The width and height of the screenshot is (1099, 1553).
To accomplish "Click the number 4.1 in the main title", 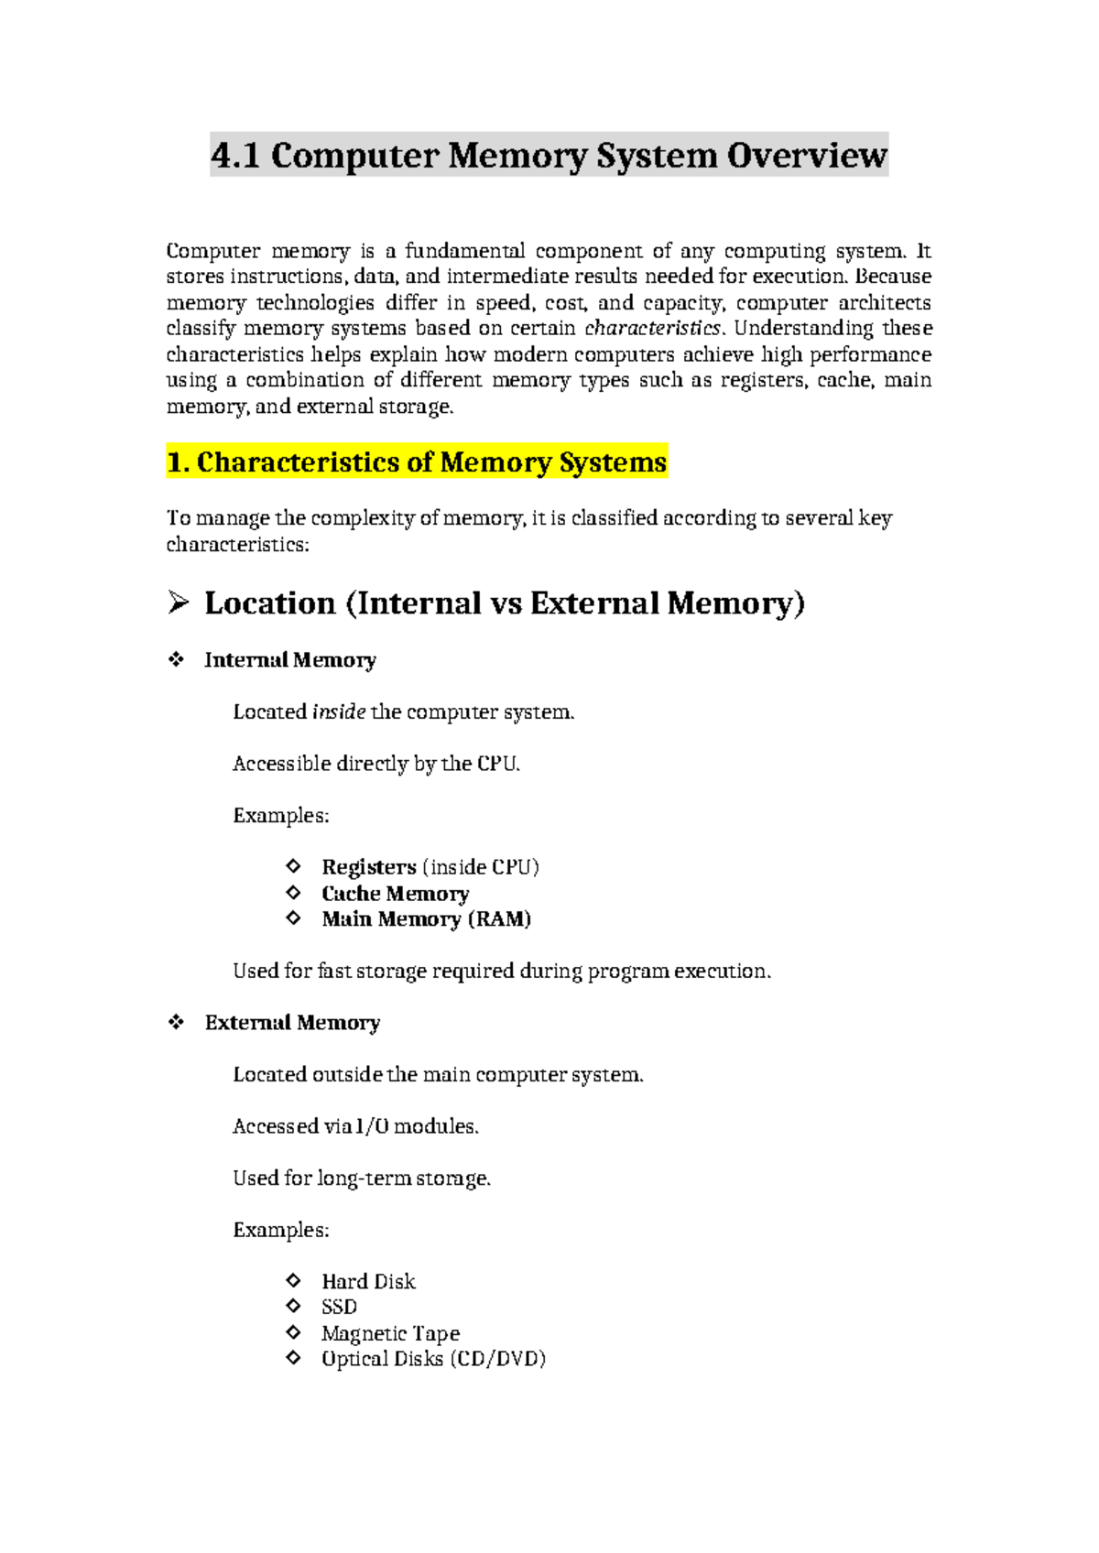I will [235, 155].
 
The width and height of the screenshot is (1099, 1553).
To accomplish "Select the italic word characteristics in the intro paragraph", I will [653, 328].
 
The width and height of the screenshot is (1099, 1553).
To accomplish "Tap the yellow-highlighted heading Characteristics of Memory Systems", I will [417, 462].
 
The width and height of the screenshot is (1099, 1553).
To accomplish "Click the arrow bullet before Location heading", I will [178, 603].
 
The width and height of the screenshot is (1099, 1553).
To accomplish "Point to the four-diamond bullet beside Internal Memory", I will [176, 659].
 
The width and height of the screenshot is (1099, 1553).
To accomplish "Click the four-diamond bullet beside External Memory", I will [176, 1022].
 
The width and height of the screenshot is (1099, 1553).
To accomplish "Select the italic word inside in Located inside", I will [339, 711].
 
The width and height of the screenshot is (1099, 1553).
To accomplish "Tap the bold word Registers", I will [368, 866].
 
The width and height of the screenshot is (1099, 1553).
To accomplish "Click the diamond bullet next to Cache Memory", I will [293, 892].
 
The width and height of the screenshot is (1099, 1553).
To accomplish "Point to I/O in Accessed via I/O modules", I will [372, 1126].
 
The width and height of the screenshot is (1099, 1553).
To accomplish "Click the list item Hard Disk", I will [368, 1281].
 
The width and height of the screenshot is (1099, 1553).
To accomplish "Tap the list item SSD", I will [339, 1307].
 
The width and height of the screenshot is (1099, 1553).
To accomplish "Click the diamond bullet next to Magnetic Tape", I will [293, 1332].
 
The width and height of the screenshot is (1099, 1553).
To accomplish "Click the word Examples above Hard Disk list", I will [280, 1230].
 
